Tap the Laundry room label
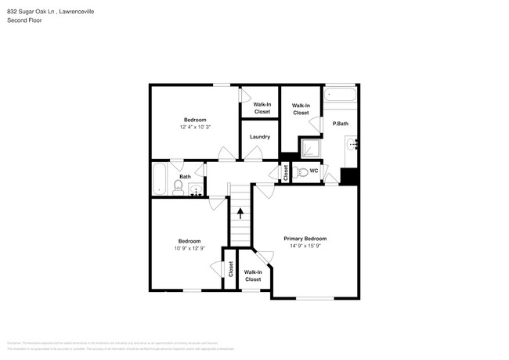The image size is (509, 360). pos(260,137)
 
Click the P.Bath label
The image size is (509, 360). pos(341,124)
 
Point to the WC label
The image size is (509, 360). pos(313,171)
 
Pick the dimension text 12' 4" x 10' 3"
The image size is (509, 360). pos(195,127)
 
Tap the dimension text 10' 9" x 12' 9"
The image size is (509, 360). pos(189,249)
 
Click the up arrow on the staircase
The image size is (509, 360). pos(240,211)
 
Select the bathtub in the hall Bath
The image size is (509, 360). pos(160,178)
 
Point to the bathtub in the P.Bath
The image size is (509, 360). pos(341,95)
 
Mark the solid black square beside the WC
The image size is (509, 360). pos(349,177)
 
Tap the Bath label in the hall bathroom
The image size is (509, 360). pos(185,177)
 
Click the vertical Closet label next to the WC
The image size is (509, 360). pos(286,173)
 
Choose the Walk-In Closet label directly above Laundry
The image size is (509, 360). pos(262,108)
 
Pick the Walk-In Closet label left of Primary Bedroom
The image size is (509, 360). pos(253,275)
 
